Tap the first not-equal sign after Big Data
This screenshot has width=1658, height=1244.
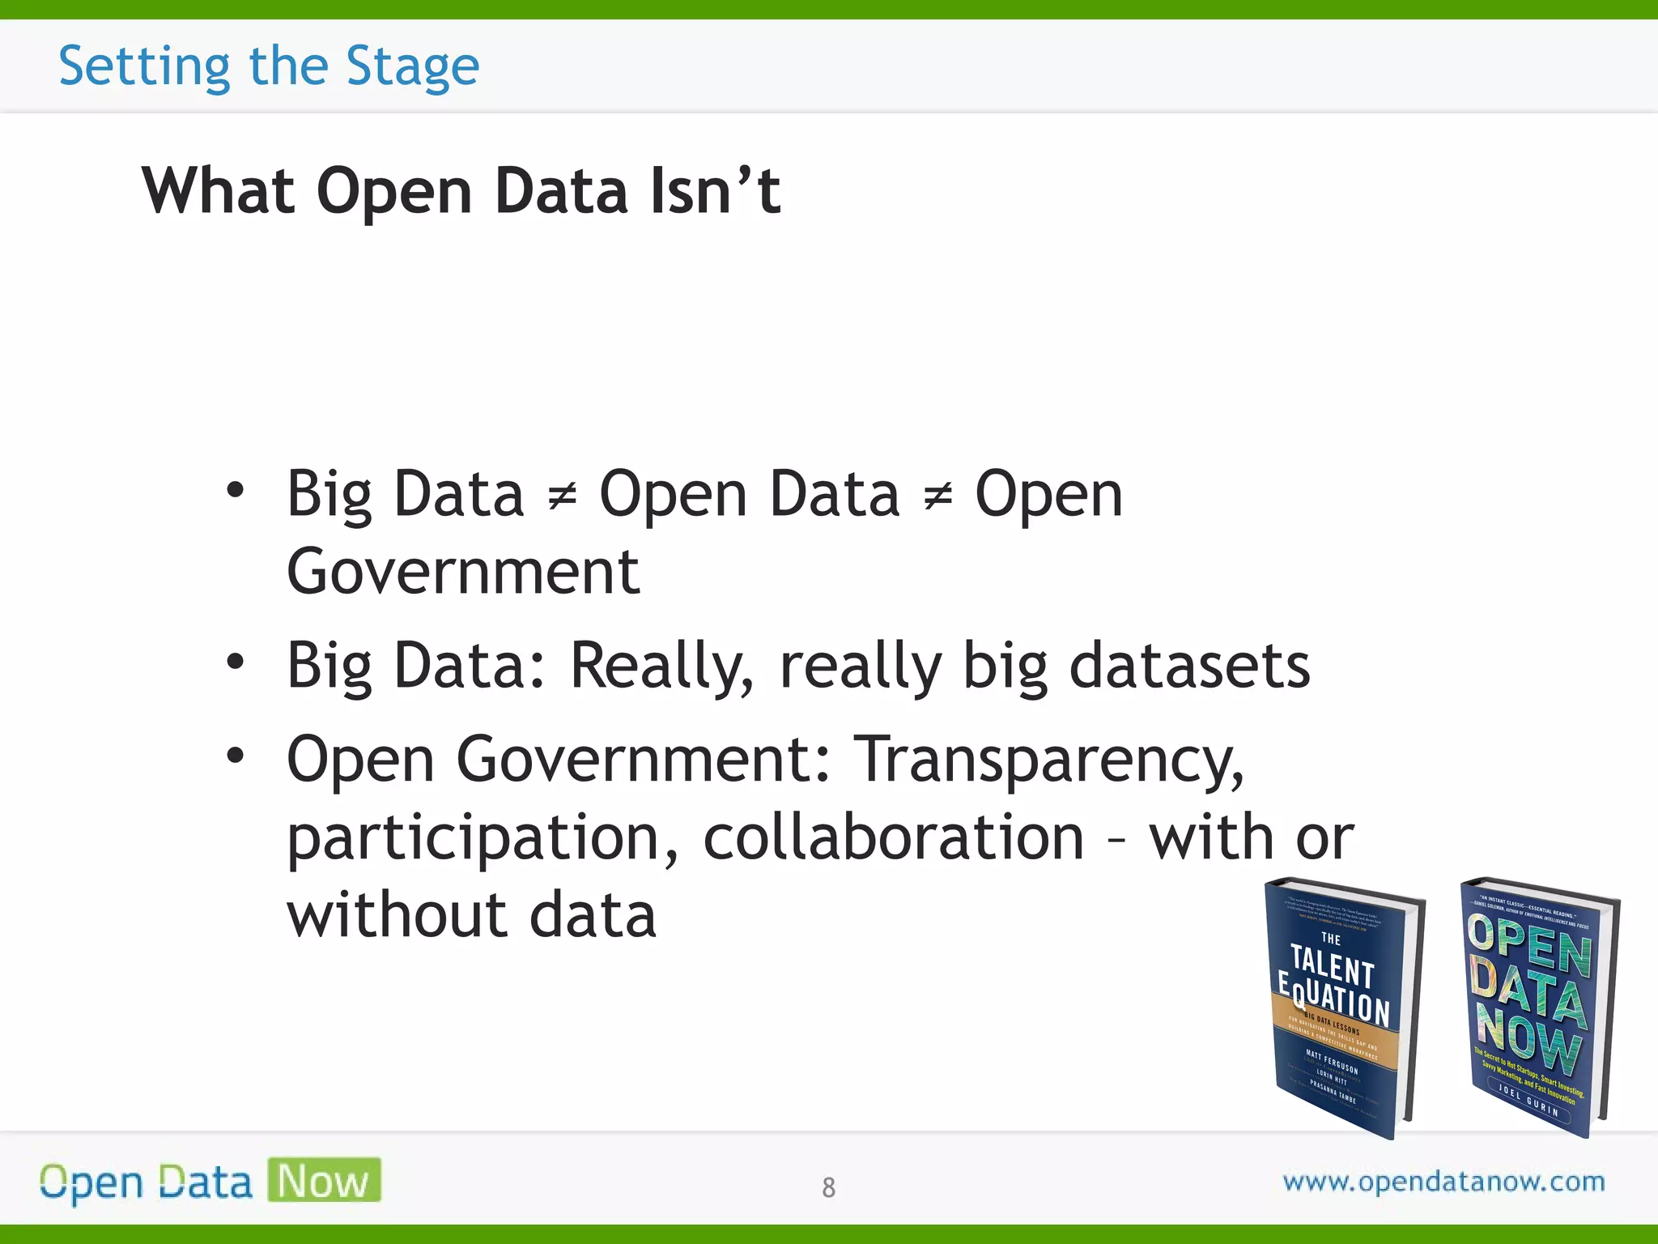pos(562,495)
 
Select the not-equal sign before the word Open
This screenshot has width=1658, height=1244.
pos(937,495)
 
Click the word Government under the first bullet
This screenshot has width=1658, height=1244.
pos(463,572)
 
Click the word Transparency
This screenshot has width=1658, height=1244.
pos(1049,760)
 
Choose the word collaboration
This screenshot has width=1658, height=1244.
pos(893,837)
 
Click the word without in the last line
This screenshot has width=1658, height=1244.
pos(394,915)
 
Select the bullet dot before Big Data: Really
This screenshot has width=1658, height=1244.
pos(235,662)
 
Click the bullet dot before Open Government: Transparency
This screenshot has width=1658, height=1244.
pos(235,756)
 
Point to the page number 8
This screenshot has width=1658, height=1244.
pos(828,1187)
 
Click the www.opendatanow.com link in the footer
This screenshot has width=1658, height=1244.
pos(1443,1182)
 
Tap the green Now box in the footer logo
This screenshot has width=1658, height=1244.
pos(324,1180)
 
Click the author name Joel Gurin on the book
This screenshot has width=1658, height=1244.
pos(1528,1099)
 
